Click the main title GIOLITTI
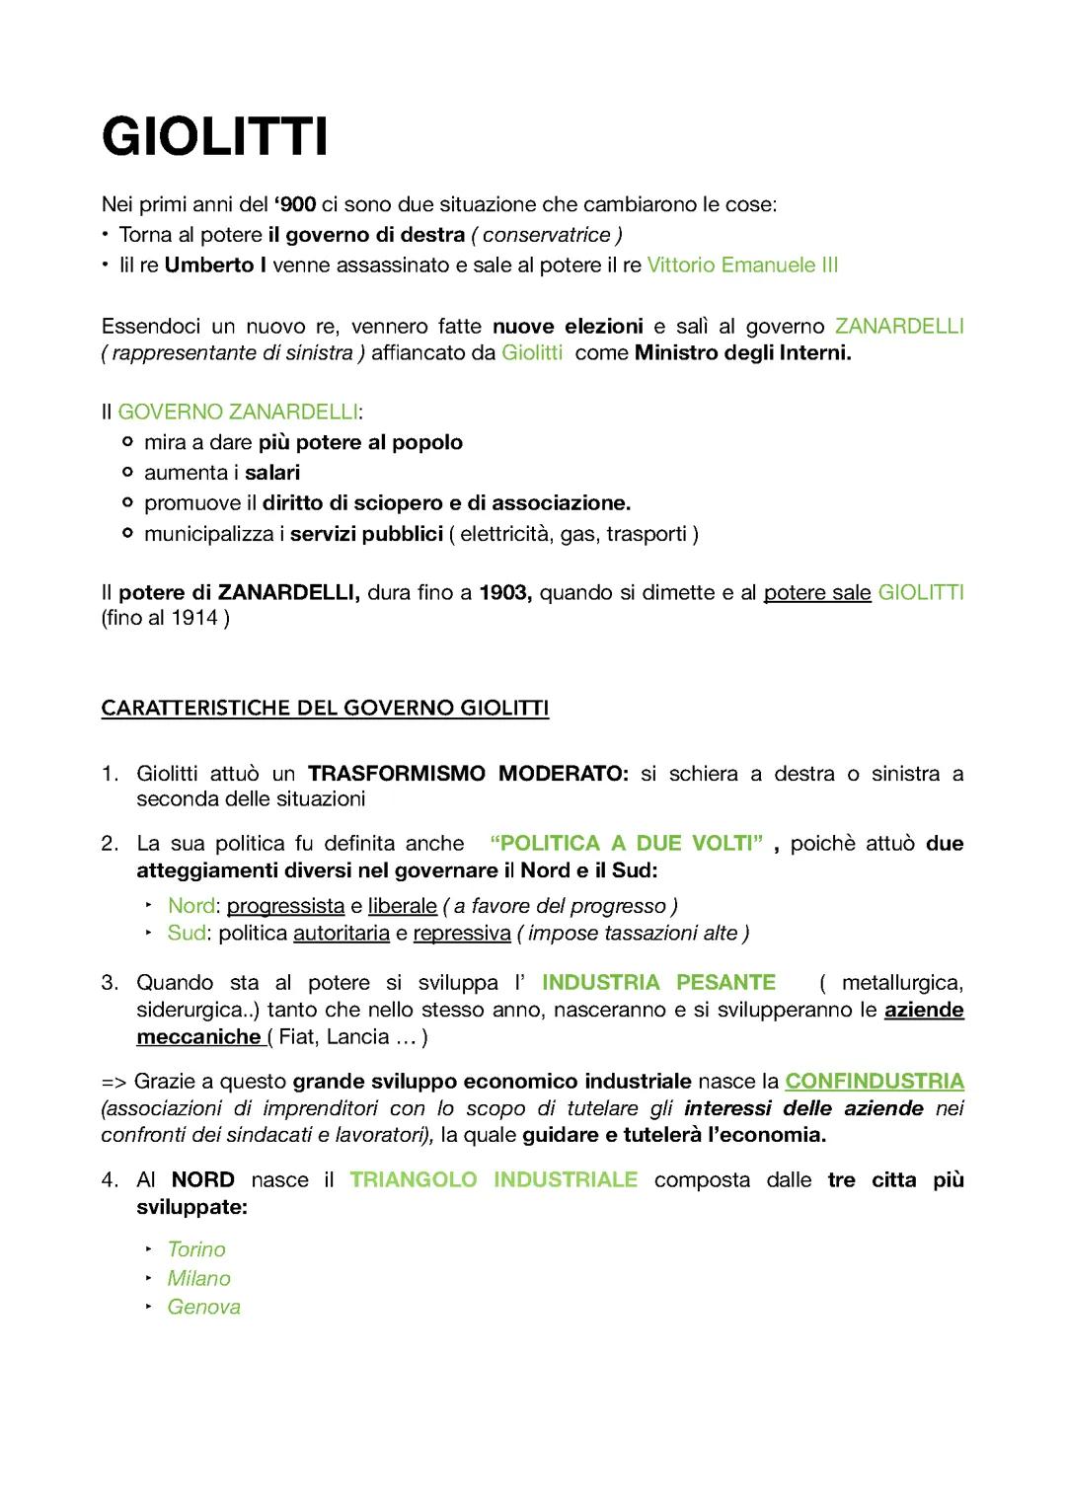tap(214, 136)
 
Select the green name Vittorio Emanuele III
tap(742, 264)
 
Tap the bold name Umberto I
tap(215, 264)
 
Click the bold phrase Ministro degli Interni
tap(742, 352)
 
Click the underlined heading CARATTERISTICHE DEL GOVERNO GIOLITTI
tap(325, 708)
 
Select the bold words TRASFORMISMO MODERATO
tap(467, 773)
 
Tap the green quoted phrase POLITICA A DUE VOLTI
tap(627, 843)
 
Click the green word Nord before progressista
tap(190, 905)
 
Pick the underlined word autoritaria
tap(342, 933)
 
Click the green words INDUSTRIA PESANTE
tap(658, 982)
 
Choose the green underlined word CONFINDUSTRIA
tap(875, 1081)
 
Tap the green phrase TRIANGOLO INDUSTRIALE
tap(494, 1179)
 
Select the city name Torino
tap(196, 1249)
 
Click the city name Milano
tap(198, 1278)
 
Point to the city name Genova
tap(203, 1307)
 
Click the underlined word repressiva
tap(462, 933)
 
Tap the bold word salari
tap(272, 473)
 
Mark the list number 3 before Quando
tap(109, 982)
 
